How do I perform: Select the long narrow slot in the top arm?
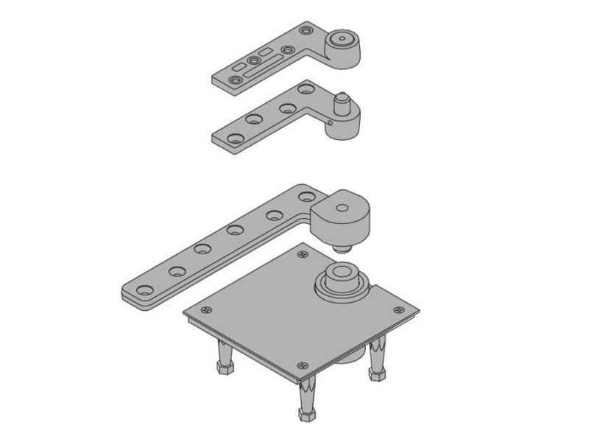pyautogui.click(x=263, y=70)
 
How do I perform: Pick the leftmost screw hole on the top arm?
pyautogui.click(x=235, y=79)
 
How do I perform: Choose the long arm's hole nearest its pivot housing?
pyautogui.click(x=307, y=197)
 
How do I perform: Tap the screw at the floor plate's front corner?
pyautogui.click(x=302, y=366)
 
